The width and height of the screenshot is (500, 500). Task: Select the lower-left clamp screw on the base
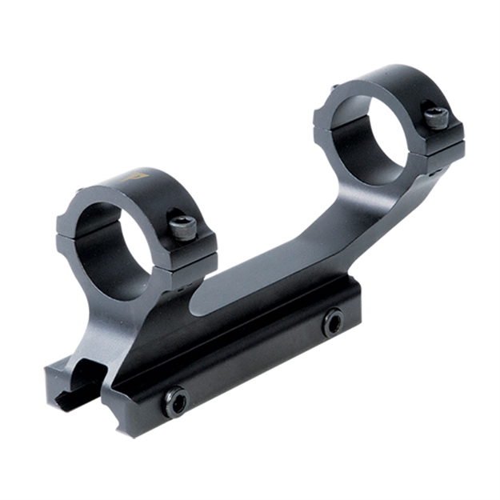click(x=175, y=402)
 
